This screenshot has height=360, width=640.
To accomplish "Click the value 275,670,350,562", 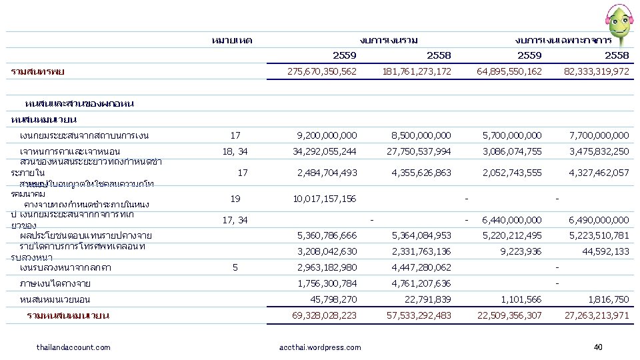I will (321, 71).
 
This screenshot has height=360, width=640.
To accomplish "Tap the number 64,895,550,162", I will (509, 71).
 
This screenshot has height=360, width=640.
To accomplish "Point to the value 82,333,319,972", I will (596, 71).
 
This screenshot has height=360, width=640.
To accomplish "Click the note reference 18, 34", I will (234, 151).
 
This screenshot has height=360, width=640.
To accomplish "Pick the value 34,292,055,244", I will (325, 151).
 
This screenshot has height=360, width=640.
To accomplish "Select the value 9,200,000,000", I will (327, 135).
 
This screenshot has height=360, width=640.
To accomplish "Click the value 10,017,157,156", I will (325, 199).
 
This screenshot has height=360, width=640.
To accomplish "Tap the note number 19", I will (235, 199).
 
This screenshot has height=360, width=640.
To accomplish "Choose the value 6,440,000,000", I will (512, 219).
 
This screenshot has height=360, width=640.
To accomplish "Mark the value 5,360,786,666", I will (327, 235).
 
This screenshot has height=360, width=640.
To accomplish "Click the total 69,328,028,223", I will (325, 315).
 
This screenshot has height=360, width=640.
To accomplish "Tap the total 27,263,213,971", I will (596, 315).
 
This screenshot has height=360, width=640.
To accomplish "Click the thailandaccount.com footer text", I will (73, 347).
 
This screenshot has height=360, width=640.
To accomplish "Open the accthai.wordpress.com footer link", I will (321, 347).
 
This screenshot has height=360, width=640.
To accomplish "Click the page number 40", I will (597, 347).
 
